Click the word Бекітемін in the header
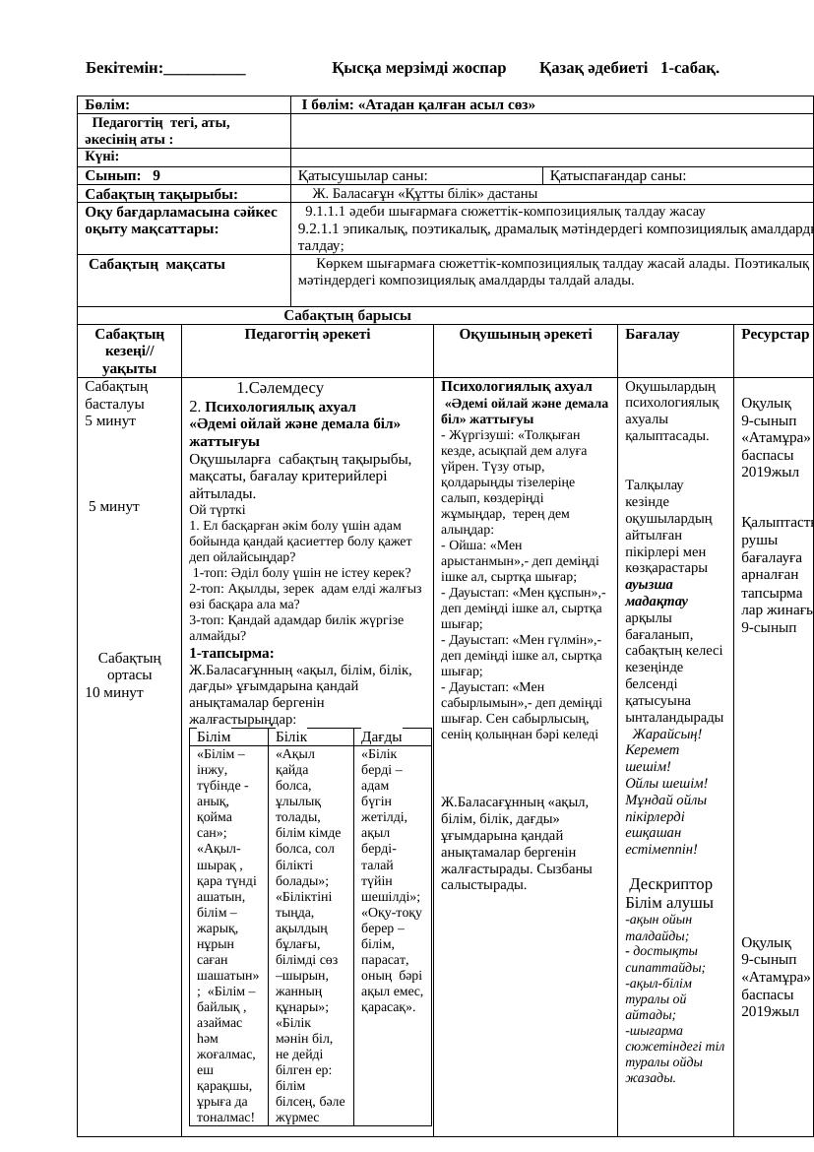point(124,68)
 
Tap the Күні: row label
point(101,157)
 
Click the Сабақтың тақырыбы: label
point(162,194)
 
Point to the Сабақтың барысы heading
point(347,316)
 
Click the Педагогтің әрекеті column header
point(307,335)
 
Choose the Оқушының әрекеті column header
point(525,335)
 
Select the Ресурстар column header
point(776,335)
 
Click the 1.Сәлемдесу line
point(280,389)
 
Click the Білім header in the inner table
point(214,736)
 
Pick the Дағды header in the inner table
point(381,736)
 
